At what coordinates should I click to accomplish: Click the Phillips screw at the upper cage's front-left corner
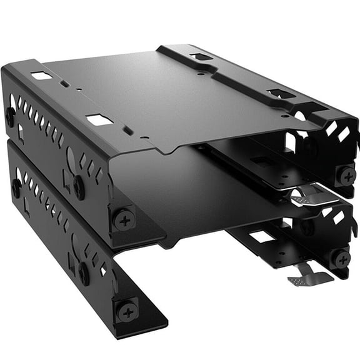pyautogui.click(x=124, y=218)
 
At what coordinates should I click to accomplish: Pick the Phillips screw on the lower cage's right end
pyautogui.click(x=340, y=257)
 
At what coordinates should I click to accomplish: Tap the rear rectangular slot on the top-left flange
pyautogui.click(x=42, y=76)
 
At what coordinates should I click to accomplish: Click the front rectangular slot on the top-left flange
pyautogui.click(x=99, y=119)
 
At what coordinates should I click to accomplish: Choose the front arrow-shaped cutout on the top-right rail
pyautogui.click(x=281, y=94)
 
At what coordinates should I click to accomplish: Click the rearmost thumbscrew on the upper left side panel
pyautogui.click(x=11, y=116)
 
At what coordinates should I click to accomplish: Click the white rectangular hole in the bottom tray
pyautogui.click(x=261, y=237)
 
